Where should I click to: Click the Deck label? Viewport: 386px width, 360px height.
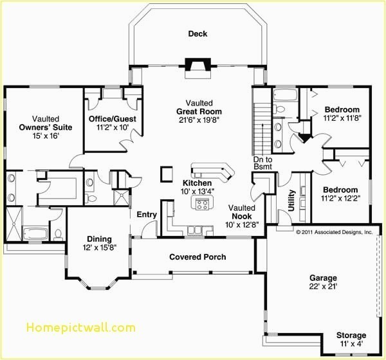(198, 34)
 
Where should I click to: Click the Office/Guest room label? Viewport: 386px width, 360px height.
(112, 119)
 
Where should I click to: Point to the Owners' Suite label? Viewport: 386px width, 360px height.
(45, 127)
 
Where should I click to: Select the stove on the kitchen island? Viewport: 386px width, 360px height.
(201, 204)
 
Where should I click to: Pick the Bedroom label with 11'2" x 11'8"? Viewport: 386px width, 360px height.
(342, 110)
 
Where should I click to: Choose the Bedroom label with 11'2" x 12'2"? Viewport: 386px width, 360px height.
(340, 190)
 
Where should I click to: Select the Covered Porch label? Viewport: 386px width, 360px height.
(198, 257)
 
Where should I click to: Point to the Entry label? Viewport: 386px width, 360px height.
(147, 215)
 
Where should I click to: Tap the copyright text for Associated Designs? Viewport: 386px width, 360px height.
(334, 232)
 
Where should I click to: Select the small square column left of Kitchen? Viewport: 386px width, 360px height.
(167, 174)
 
